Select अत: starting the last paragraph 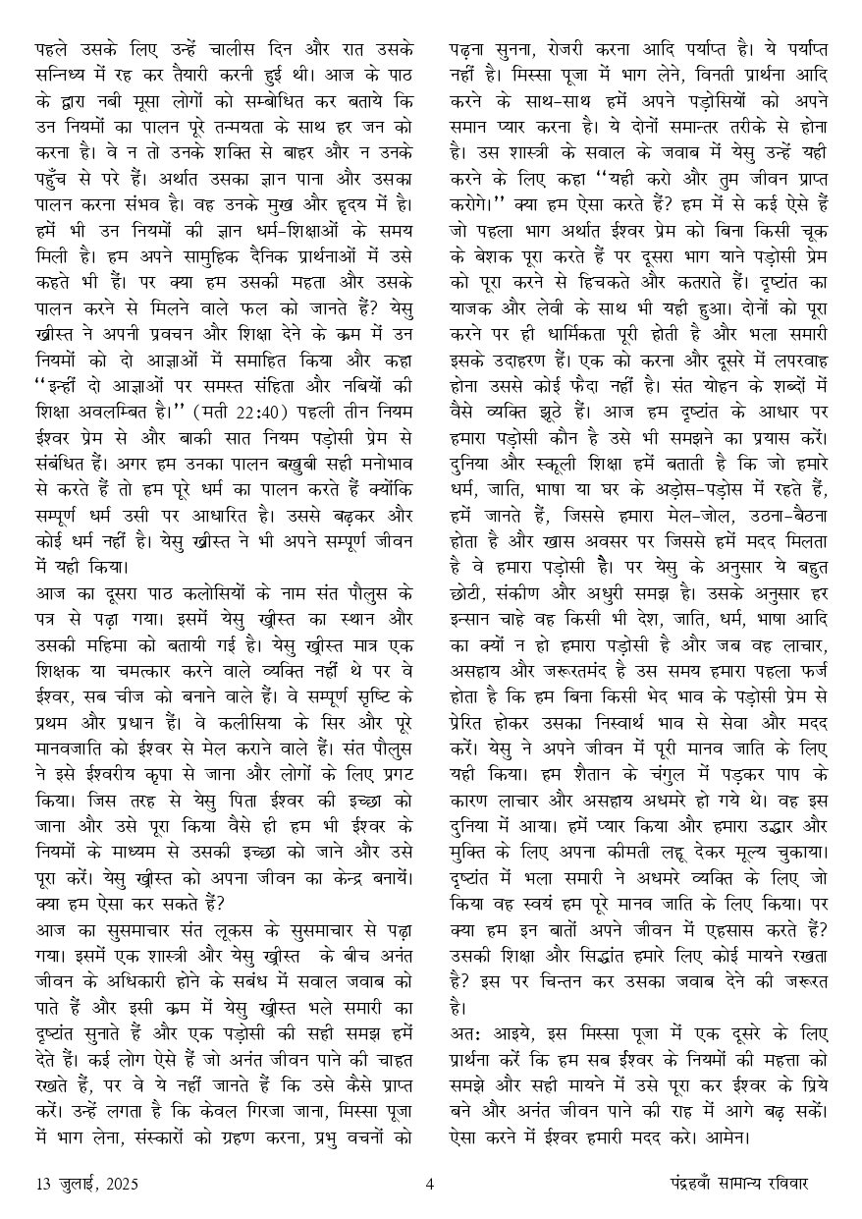[x=464, y=1036]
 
